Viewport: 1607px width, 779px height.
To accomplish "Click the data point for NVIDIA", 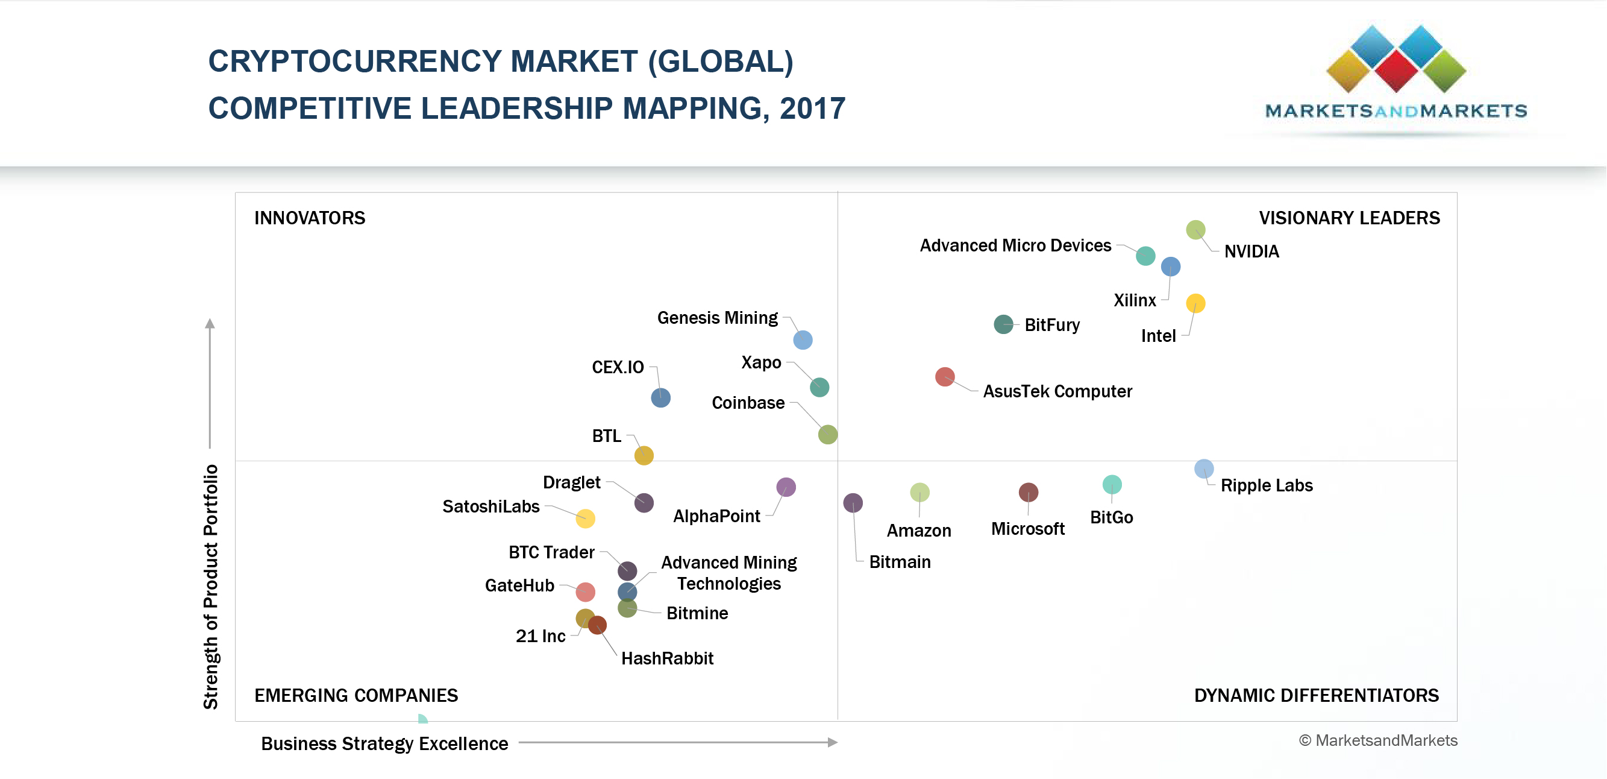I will pos(1195,230).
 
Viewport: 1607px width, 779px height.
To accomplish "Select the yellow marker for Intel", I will pos(1195,303).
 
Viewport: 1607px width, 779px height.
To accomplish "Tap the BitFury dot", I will pos(1003,324).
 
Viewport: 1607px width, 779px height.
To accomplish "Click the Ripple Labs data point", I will pos(1204,468).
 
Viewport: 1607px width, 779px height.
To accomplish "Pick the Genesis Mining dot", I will pos(803,339).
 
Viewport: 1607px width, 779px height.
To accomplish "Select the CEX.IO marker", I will pos(660,397).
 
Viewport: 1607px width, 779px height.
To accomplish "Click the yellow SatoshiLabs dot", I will pos(585,518).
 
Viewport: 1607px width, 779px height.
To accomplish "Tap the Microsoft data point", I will pos(1028,492).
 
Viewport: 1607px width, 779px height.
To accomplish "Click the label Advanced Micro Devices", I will pos(1015,245).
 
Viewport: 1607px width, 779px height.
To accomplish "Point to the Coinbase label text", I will pos(748,403).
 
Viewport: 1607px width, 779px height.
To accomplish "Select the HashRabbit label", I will pos(667,658).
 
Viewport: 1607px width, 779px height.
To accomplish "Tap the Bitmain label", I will pos(900,562).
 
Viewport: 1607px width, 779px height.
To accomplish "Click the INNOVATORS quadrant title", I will pos(310,218).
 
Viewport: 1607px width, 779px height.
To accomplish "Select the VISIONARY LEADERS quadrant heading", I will pos(1349,218).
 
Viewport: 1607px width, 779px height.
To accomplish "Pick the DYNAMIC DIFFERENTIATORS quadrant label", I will pos(1317,695).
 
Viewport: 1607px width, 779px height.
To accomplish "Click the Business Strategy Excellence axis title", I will pos(384,743).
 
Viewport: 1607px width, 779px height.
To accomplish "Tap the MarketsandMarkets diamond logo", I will pos(1396,59).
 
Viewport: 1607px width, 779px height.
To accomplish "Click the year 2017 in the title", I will pos(812,109).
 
